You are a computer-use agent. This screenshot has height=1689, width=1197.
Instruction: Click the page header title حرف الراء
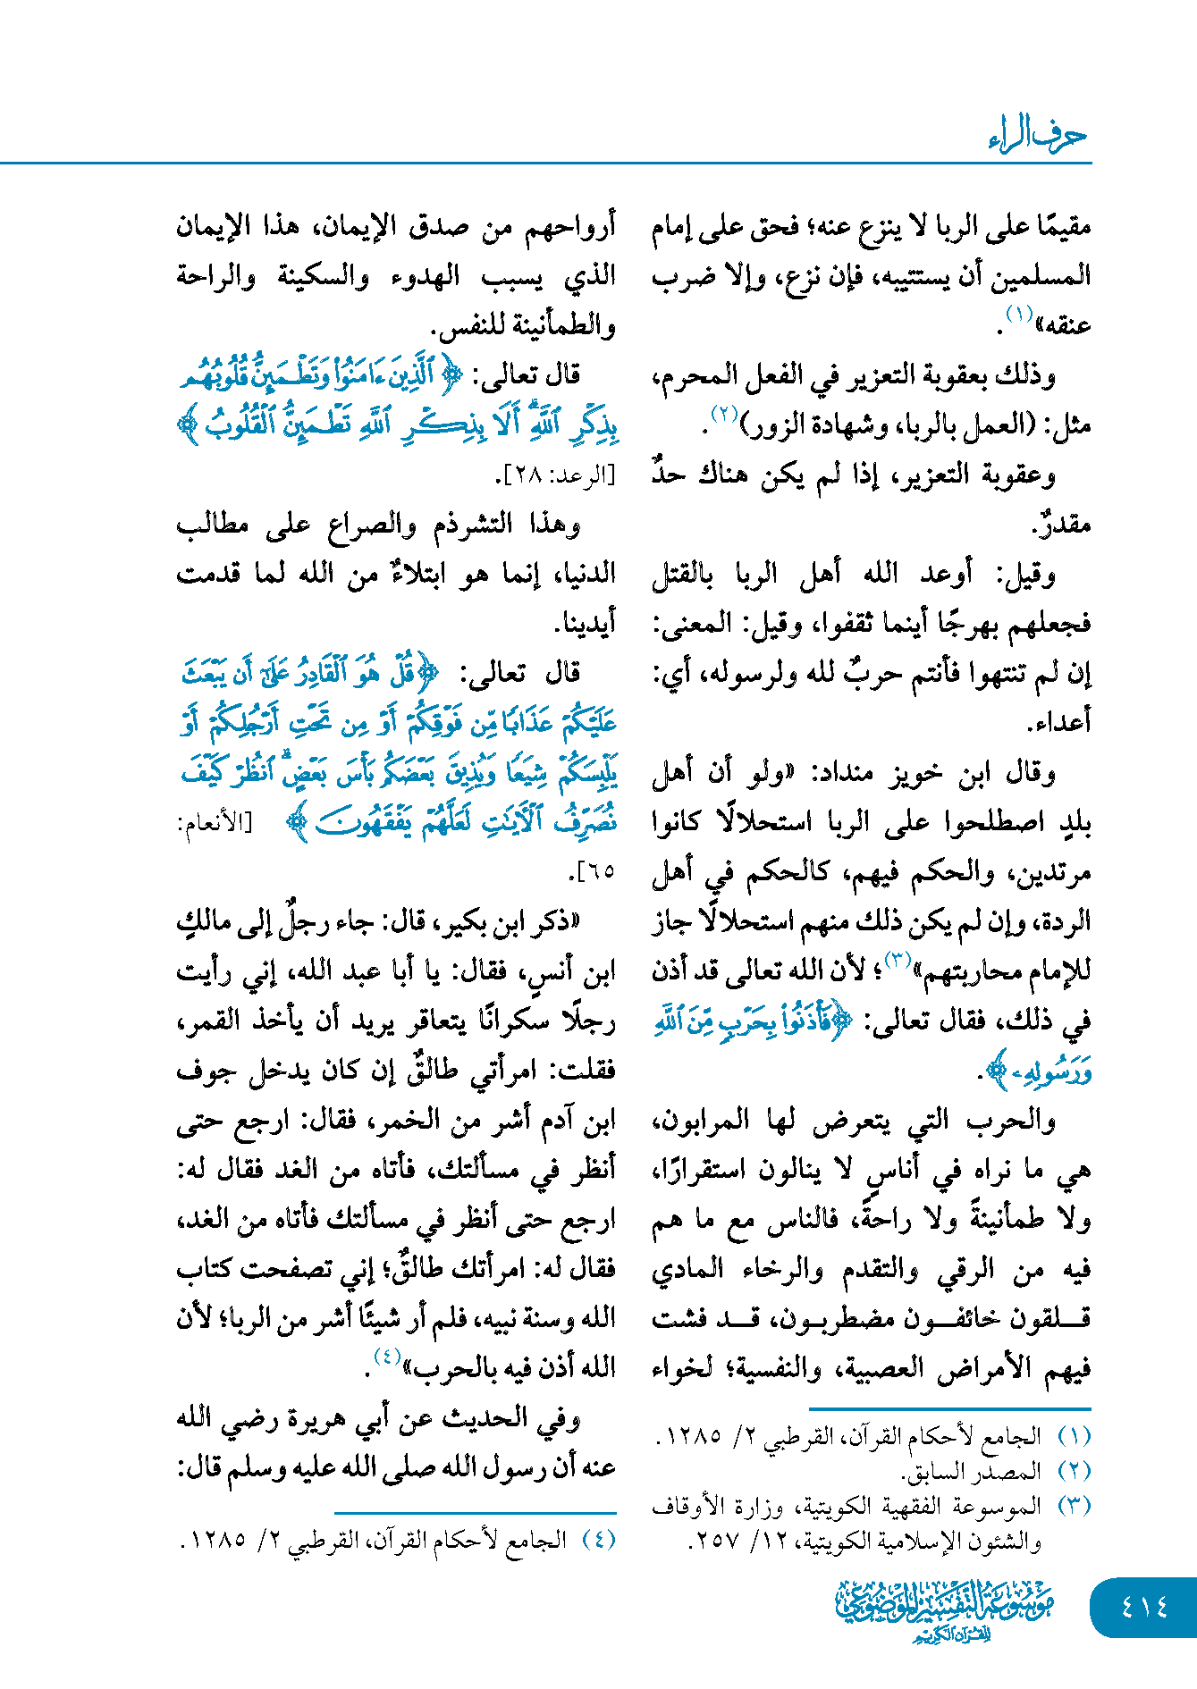pyautogui.click(x=1037, y=135)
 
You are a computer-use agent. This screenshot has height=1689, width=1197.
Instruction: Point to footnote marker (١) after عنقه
pyautogui.click(x=1020, y=315)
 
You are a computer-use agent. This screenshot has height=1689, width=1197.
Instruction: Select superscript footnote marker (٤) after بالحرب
pyautogui.click(x=386, y=1357)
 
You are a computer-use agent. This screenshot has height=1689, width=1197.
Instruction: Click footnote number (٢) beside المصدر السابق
pyautogui.click(x=1074, y=1470)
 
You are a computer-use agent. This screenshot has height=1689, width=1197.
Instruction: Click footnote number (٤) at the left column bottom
pyautogui.click(x=598, y=1540)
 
